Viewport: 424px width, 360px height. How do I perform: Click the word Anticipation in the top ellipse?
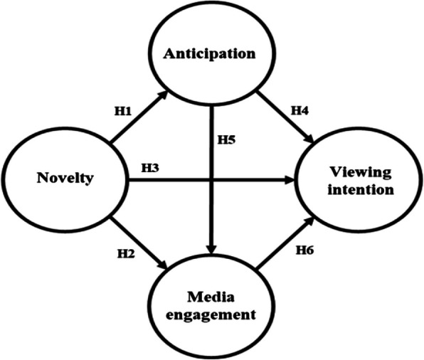click(212, 53)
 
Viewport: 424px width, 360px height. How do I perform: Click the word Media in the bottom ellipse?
click(212, 297)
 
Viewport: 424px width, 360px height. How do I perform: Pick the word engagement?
click(212, 316)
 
